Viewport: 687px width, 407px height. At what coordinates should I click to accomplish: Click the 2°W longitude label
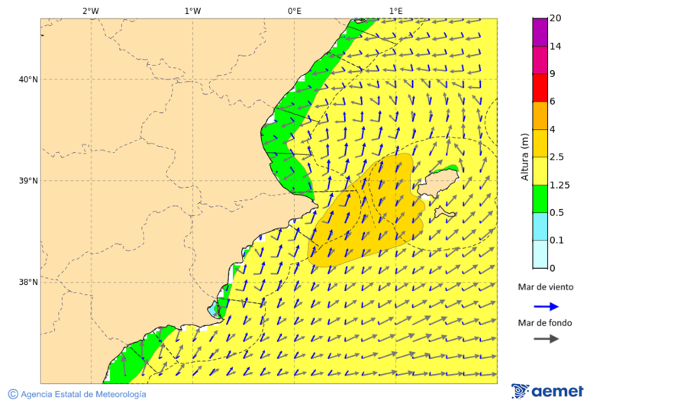tap(90, 11)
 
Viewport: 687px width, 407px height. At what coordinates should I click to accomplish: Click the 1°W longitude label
tap(192, 11)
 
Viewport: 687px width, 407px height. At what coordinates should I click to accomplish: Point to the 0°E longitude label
tap(294, 11)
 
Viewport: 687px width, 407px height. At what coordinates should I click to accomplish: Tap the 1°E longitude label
tap(395, 11)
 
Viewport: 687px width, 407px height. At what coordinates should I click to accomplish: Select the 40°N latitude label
tap(28, 79)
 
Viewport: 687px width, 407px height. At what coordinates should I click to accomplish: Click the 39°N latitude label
tap(28, 181)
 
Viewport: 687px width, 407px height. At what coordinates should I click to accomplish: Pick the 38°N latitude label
tap(28, 283)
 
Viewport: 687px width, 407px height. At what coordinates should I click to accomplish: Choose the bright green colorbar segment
tap(540, 199)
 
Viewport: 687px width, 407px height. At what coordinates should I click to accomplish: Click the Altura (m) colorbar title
tap(524, 157)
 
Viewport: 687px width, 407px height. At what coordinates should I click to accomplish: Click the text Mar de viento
tap(545, 287)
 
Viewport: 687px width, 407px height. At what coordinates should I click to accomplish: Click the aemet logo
tap(547, 391)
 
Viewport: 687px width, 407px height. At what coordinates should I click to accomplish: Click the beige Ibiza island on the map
tap(437, 183)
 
